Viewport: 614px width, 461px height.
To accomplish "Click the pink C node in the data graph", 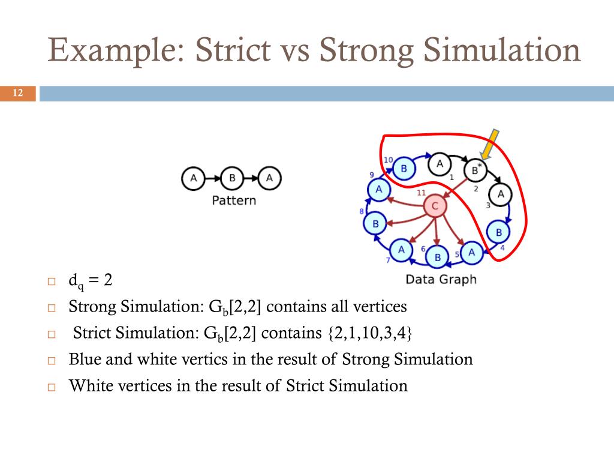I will (435, 207).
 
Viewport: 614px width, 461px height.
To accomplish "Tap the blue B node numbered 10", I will (404, 169).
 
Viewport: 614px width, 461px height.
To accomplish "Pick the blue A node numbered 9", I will (378, 190).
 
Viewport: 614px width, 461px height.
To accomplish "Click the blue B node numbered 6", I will (437, 258).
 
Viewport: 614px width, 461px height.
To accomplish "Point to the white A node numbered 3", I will (501, 194).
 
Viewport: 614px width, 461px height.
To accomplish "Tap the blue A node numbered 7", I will (401, 249).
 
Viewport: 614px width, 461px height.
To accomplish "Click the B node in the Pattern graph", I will (231, 178).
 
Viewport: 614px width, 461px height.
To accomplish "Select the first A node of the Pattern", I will (193, 178).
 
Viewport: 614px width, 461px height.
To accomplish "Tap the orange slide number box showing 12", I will (17, 93).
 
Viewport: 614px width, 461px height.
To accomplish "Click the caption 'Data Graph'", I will (441, 279).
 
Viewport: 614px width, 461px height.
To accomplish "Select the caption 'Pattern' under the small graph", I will (234, 200).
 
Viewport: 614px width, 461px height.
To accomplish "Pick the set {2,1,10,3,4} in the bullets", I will (370, 333).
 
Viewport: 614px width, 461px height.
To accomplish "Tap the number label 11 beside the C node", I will (421, 193).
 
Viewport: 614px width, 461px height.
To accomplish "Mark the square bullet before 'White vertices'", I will (51, 387).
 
